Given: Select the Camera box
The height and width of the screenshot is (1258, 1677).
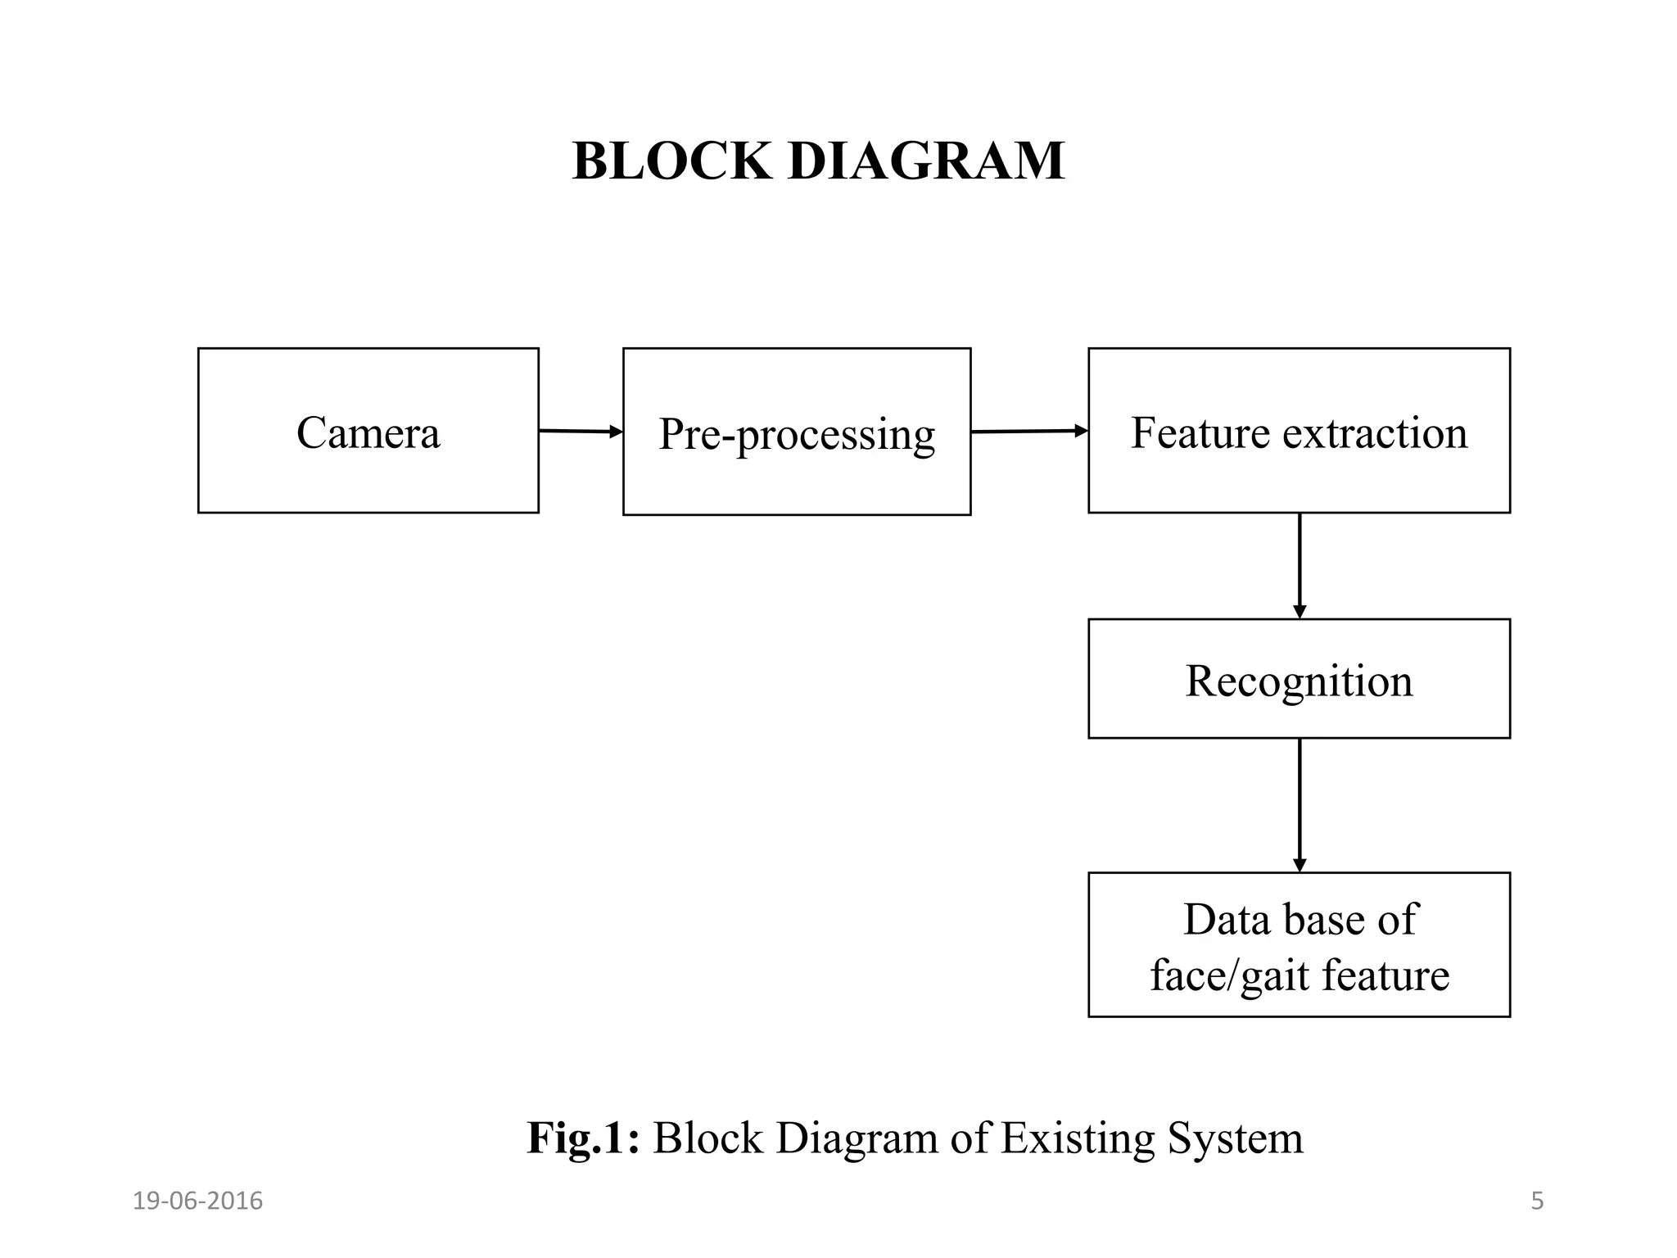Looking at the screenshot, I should point(368,431).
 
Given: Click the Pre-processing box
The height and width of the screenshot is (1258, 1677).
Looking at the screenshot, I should point(796,432).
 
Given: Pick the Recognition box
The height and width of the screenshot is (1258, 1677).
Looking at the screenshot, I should point(1299,680).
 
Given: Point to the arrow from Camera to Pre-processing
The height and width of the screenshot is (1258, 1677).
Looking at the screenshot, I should point(580,431).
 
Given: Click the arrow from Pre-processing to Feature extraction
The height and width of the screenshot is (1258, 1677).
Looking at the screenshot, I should point(1028,431).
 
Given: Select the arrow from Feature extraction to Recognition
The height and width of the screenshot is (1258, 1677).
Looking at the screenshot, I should point(1300,565).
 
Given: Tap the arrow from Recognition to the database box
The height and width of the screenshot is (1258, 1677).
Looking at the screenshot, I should point(1300,804).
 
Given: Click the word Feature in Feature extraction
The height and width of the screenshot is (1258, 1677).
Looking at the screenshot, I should point(1201,432).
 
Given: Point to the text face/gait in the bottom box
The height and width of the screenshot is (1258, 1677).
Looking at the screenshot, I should point(1229,975).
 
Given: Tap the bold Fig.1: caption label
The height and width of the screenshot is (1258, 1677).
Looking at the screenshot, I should point(582,1138).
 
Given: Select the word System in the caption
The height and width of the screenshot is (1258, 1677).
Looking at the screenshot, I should point(1235,1138).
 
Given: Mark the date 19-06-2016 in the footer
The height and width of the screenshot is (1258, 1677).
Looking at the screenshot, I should point(197,1201).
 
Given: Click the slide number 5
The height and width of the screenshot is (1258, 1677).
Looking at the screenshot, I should point(1537,1201).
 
